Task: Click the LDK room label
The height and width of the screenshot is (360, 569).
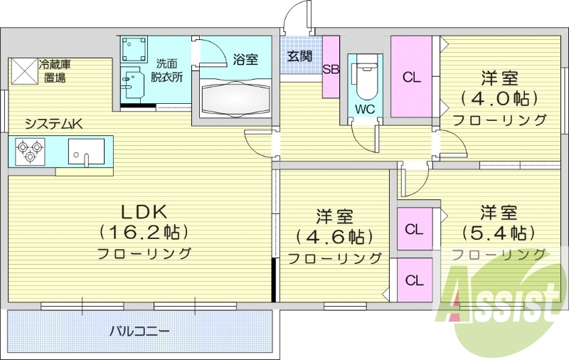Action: (x=143, y=211)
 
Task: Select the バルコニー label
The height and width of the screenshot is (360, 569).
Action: (x=139, y=332)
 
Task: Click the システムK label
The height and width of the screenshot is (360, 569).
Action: (x=53, y=123)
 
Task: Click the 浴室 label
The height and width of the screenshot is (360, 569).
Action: (x=245, y=60)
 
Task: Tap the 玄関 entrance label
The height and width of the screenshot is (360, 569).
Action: (x=299, y=56)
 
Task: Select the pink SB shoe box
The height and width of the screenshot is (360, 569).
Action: (x=331, y=68)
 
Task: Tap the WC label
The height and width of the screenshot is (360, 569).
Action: (x=365, y=110)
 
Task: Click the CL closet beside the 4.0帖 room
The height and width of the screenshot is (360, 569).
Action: (x=411, y=77)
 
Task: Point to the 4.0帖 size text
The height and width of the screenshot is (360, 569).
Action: (x=499, y=97)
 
